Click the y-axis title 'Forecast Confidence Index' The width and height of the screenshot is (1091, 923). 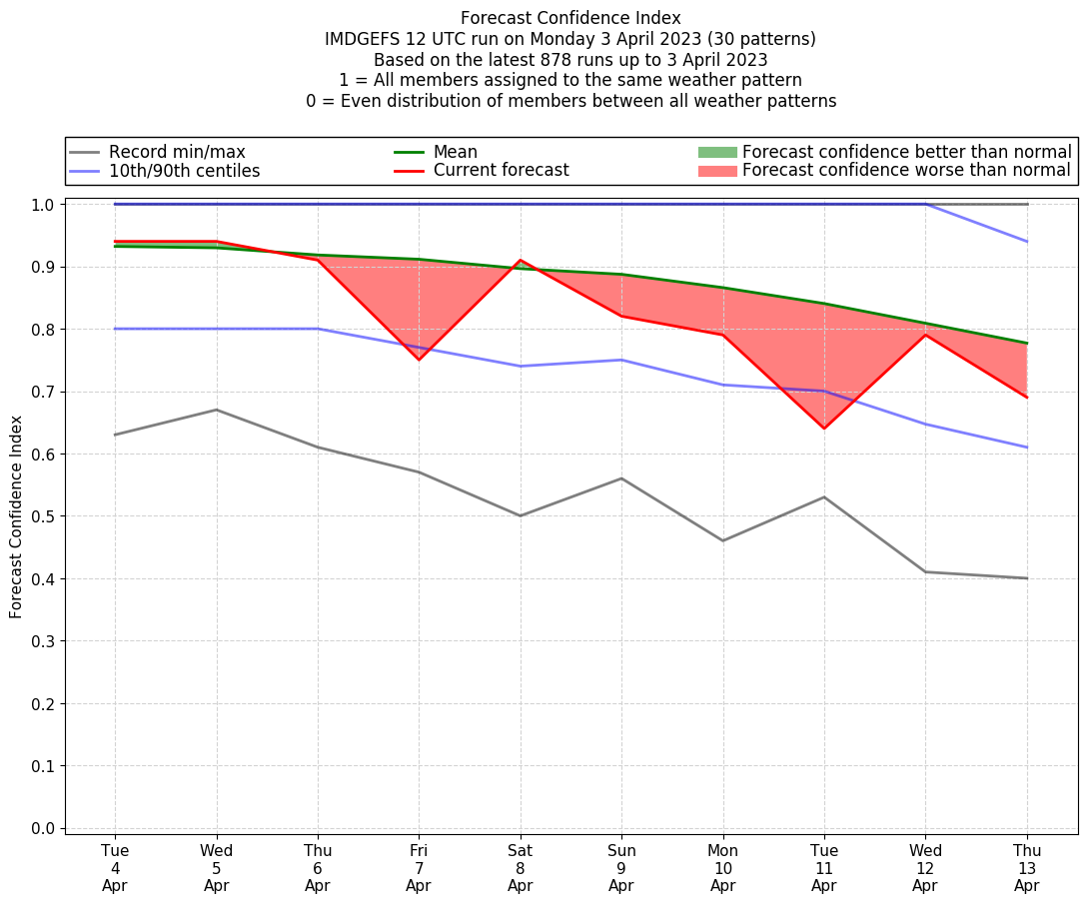(16, 516)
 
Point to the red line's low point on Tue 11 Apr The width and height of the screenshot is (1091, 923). (824, 429)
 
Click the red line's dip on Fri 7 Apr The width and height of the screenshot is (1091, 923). (419, 360)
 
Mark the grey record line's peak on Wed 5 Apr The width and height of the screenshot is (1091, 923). (217, 410)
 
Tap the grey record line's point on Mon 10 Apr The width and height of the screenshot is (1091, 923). (723, 540)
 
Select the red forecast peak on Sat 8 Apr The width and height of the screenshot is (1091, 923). (521, 261)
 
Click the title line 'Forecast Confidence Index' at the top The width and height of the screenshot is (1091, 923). (570, 18)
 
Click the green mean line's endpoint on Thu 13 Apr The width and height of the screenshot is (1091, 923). (1027, 344)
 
